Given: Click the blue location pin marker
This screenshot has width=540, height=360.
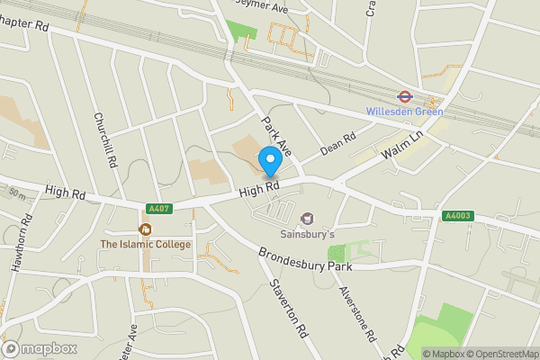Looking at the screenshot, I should (x=268, y=161).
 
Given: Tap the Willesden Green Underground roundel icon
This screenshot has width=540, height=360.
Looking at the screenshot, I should (x=404, y=96).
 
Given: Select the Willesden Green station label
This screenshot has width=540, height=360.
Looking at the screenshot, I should (x=404, y=112).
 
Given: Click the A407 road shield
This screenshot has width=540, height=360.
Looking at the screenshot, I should (x=158, y=209).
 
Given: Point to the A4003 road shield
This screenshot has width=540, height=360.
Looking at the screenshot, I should (x=456, y=216).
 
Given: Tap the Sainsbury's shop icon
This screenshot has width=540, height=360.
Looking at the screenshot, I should (x=307, y=219).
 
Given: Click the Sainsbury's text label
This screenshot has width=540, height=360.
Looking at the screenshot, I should (x=307, y=234).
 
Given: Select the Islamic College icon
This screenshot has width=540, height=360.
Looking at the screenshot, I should (x=145, y=229).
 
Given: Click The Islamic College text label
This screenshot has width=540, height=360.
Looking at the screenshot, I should (x=145, y=244).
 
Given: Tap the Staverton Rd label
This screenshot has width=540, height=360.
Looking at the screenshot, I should (x=288, y=305).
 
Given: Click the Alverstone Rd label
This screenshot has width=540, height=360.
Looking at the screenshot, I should (x=356, y=313).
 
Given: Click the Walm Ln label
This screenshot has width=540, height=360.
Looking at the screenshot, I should (x=401, y=147).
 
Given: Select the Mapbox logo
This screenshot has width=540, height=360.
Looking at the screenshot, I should (x=39, y=349).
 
